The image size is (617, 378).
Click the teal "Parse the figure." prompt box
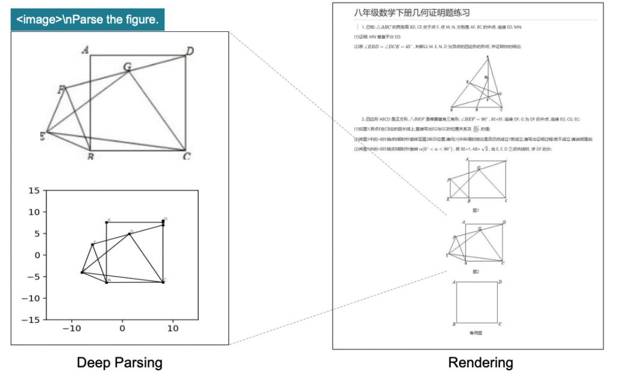click(x=87, y=19)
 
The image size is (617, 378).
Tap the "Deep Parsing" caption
click(x=119, y=362)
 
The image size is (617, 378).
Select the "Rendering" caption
click(x=480, y=362)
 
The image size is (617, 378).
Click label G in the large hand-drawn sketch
click(x=127, y=66)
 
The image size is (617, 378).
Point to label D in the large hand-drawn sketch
click(x=189, y=51)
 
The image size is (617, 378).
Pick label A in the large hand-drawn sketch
click(x=86, y=51)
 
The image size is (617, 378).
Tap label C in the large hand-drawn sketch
click(x=187, y=157)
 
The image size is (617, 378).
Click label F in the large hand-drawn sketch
click(x=61, y=90)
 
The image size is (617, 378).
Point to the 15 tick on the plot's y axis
click(x=34, y=191)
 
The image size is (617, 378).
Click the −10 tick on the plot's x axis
click(x=72, y=329)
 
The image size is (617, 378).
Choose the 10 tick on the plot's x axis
click(x=172, y=329)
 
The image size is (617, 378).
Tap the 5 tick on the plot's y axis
click(x=37, y=233)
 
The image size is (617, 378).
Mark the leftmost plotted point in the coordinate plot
click(x=82, y=272)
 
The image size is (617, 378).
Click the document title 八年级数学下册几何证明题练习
click(x=412, y=13)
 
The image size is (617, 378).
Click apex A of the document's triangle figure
click(x=487, y=57)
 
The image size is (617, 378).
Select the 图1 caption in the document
click(x=475, y=210)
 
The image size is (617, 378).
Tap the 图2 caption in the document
click(x=475, y=272)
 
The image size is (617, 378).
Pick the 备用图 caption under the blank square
click(x=476, y=332)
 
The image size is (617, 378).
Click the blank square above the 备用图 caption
click(x=476, y=302)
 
